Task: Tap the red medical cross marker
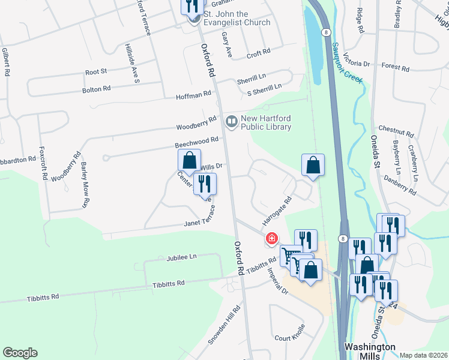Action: (271, 239)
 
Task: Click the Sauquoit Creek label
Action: (348, 65)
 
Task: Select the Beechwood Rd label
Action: (196, 142)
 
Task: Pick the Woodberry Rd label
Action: (196, 124)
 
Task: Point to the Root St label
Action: (95, 71)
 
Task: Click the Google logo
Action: (20, 353)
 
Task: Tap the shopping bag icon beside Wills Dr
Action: (189, 160)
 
